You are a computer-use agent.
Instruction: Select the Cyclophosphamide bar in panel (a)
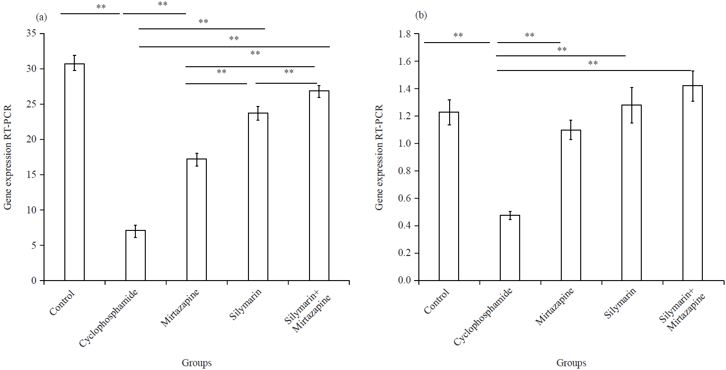135,255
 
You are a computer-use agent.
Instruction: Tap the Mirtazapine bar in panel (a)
196,220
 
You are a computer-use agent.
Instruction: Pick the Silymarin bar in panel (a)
258,197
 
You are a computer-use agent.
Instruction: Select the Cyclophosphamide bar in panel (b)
510,248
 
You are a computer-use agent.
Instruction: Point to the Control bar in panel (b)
449,196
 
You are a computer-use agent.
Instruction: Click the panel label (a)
41,17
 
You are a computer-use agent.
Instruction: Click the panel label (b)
421,16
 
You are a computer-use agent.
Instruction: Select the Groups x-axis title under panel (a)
196,363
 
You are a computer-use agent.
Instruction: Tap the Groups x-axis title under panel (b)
571,363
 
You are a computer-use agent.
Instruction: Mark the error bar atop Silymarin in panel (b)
632,105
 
